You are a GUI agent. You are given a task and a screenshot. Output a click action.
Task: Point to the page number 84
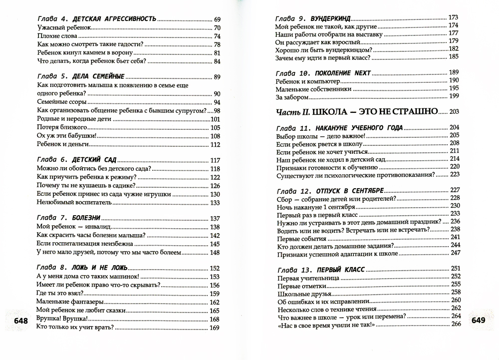217,61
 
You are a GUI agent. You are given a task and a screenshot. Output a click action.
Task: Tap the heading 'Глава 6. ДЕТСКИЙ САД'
77,160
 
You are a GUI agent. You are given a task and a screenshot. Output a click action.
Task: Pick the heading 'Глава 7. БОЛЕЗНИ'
69,218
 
